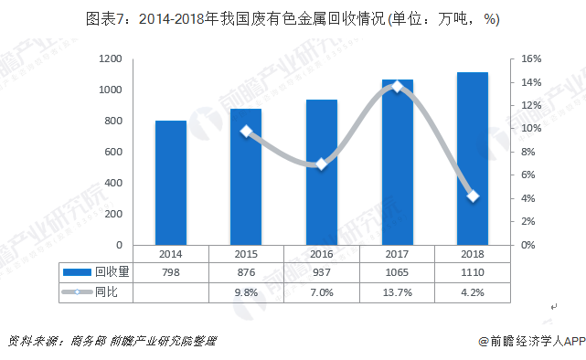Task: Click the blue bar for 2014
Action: [x=171, y=183]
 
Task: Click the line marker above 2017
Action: [x=397, y=87]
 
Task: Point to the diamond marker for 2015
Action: [x=246, y=132]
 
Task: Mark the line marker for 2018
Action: [x=473, y=196]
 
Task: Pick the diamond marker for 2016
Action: [x=321, y=164]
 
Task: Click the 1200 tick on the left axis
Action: [x=110, y=58]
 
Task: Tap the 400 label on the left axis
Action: [x=112, y=183]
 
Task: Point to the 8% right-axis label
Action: [x=529, y=152]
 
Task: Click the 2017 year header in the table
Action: [x=397, y=253]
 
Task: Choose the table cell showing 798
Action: [x=171, y=272]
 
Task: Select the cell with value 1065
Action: [x=397, y=272]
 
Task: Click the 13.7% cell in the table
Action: [x=397, y=292]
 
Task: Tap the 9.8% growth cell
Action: [x=246, y=292]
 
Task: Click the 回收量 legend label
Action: [x=112, y=272]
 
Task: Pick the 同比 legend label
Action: [x=107, y=292]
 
